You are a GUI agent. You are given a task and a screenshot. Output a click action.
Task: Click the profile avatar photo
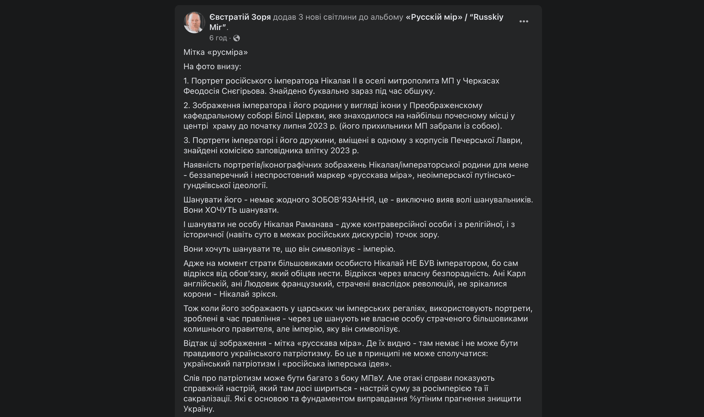click(194, 22)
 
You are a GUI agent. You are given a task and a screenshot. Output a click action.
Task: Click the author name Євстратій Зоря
click(240, 17)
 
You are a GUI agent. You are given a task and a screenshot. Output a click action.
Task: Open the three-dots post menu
click(524, 22)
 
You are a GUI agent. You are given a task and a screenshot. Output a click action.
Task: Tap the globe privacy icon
click(237, 38)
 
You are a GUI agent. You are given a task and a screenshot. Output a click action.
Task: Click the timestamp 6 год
click(218, 38)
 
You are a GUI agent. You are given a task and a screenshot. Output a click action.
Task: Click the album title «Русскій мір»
click(434, 17)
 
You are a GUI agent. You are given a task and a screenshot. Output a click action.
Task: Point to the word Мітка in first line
click(194, 52)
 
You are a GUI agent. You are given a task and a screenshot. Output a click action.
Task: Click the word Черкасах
click(481, 81)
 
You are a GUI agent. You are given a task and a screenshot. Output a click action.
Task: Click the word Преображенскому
click(446, 106)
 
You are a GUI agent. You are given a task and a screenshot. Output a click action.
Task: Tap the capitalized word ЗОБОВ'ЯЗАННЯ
click(343, 200)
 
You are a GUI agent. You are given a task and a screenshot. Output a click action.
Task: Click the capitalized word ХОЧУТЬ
click(221, 210)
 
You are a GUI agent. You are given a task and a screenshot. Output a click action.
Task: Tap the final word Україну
click(199, 409)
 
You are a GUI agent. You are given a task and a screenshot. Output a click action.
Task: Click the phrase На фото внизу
click(212, 66)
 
